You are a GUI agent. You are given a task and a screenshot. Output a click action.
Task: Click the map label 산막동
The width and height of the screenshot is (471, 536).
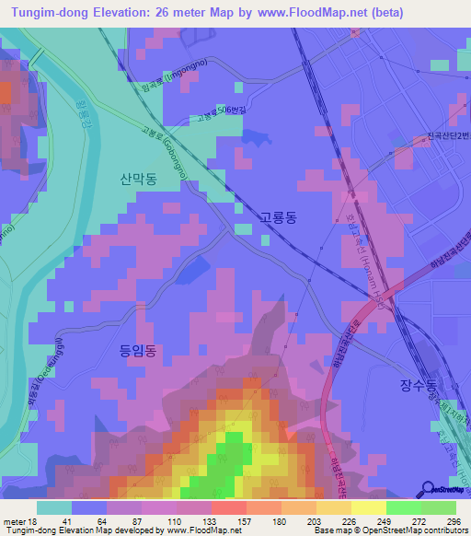pos(138,181)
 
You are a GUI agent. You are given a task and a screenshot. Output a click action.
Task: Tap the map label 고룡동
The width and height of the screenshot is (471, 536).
pos(278,218)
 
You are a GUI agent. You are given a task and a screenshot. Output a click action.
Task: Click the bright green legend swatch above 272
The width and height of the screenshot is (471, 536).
pos(403,507)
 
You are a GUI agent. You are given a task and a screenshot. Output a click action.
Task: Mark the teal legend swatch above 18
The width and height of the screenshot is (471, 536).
pos(54,507)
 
